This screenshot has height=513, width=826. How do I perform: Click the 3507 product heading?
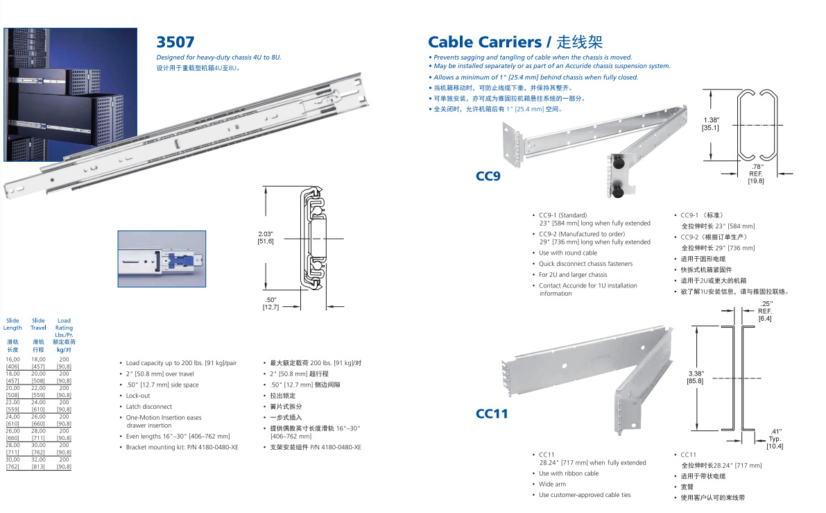[x=175, y=42]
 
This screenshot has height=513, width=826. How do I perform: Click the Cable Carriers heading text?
[x=484, y=42]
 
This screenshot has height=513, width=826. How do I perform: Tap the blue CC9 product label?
[x=488, y=176]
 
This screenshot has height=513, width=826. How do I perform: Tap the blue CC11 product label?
[x=492, y=414]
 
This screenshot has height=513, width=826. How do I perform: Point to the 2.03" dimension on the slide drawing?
[x=266, y=237]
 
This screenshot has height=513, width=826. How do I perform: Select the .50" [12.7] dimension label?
[x=270, y=303]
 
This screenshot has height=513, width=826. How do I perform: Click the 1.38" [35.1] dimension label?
[x=710, y=124]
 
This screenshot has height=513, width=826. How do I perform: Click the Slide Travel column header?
[x=38, y=324]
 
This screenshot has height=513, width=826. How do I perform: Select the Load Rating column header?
[x=64, y=328]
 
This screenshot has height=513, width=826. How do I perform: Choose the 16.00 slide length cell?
[x=12, y=360]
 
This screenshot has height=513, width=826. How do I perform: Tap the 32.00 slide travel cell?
[x=38, y=460]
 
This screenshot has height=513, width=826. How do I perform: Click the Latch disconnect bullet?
[x=148, y=407]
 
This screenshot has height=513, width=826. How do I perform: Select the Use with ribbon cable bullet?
[x=568, y=473]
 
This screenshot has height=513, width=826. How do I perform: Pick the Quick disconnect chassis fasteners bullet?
[x=585, y=264]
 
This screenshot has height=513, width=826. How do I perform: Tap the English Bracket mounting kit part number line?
[x=182, y=448]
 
